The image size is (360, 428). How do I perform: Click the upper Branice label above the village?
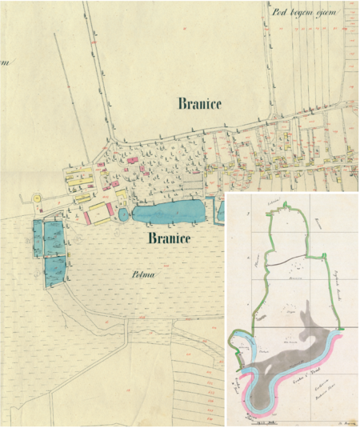click(x=199, y=103)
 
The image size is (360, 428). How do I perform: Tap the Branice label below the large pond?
click(x=169, y=238)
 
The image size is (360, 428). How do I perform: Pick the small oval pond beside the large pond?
click(x=123, y=214)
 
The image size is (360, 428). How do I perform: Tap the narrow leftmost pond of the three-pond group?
click(x=38, y=239)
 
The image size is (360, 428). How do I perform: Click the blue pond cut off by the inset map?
click(x=221, y=210)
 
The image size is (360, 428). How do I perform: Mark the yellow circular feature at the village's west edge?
click(x=36, y=198)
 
